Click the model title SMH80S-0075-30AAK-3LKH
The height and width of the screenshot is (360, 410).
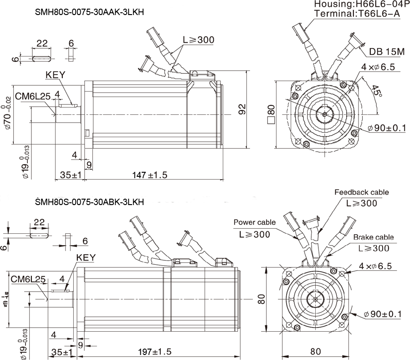tap(89, 13)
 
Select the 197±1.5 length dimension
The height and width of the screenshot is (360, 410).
tap(155, 352)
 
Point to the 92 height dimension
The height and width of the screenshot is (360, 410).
tap(242, 109)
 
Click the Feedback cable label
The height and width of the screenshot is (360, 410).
tap(361, 192)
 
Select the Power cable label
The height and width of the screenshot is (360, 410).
tap(254, 222)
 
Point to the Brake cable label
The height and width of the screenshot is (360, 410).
tap(373, 237)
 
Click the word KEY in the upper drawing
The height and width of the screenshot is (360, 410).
tap(56, 75)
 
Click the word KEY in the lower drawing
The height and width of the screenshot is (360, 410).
tap(86, 257)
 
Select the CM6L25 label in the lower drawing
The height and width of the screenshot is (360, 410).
tap(28, 279)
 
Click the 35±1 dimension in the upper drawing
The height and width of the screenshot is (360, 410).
tap(70, 175)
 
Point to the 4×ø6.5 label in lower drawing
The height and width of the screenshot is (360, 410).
tap(375, 266)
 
